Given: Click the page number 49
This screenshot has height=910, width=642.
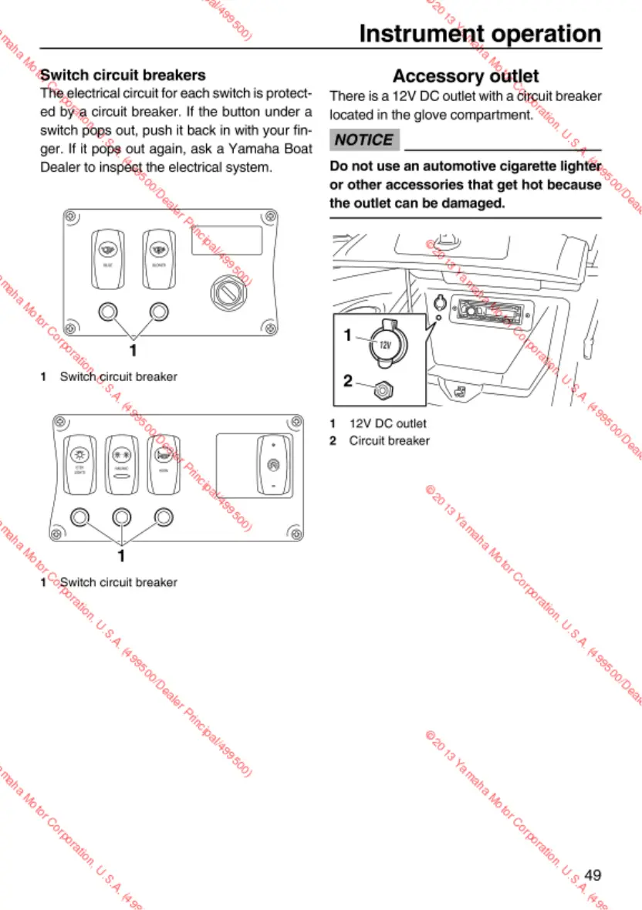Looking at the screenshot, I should pyautogui.click(x=592, y=875).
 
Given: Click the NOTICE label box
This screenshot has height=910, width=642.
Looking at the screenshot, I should pyautogui.click(x=364, y=140).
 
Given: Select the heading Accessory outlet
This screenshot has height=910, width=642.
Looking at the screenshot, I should pyautogui.click(x=465, y=76).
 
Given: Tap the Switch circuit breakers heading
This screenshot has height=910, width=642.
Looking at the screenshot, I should pyautogui.click(x=123, y=75).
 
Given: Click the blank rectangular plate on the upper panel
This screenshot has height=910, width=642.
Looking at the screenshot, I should pyautogui.click(x=226, y=241).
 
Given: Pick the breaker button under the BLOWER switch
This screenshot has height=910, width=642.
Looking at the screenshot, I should pyautogui.click(x=159, y=311).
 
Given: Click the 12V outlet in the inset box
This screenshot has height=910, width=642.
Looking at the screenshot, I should pyautogui.click(x=384, y=342).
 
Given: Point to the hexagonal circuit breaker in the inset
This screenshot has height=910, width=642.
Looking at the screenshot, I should pyautogui.click(x=381, y=390).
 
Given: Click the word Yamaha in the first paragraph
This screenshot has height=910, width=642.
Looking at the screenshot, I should pyautogui.click(x=233, y=149).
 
